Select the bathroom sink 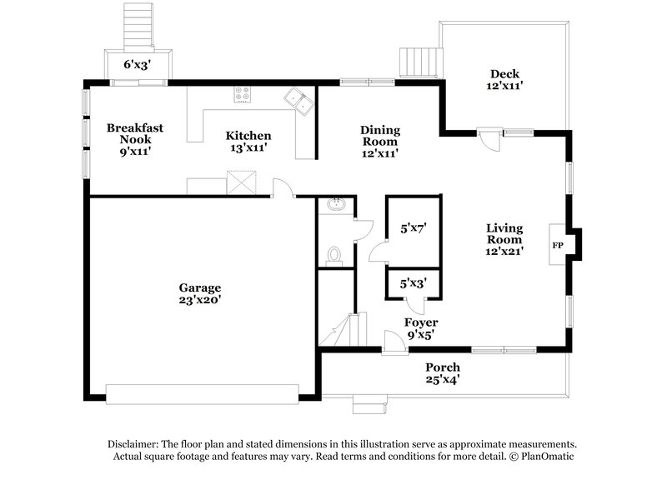337,203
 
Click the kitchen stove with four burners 243,96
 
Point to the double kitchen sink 298,100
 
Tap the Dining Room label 379,141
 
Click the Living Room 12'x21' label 504,238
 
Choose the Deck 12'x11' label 505,79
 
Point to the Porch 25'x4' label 442,372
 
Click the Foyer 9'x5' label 421,328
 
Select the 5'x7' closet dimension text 414,226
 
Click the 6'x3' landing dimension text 138,63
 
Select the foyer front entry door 390,342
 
